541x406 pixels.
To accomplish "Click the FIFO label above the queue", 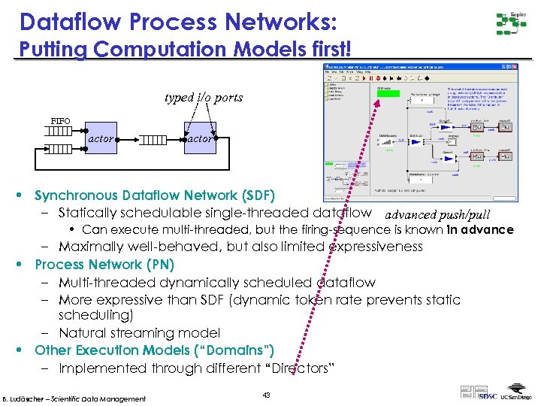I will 60,121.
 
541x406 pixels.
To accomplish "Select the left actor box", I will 101,139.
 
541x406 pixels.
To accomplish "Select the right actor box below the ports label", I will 199,139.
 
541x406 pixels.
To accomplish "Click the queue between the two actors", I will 153,139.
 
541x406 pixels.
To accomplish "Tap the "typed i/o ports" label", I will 204,97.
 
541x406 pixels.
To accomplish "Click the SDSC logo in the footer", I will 488,395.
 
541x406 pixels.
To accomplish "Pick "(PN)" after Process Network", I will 160,265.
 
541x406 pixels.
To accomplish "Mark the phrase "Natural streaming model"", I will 139,332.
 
